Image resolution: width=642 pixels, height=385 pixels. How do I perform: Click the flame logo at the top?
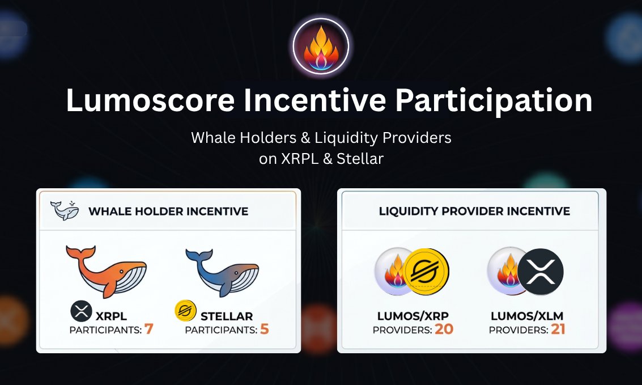point(321,46)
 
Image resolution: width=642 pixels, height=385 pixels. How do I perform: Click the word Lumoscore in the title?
point(150,100)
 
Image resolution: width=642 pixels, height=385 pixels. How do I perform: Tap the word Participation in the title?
point(494,101)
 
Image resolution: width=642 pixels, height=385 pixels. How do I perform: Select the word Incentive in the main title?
point(314,100)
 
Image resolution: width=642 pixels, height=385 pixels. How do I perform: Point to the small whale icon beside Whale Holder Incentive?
point(65,210)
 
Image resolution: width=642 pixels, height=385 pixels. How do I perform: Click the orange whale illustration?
point(105,270)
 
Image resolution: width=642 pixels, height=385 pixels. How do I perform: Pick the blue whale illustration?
point(222,272)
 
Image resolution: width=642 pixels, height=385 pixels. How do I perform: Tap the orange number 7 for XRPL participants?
point(148,329)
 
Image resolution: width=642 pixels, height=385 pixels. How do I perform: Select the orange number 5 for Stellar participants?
point(265,329)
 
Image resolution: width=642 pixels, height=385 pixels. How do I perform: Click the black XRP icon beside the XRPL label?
point(81,311)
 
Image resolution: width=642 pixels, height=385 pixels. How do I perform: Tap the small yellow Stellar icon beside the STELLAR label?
point(185,311)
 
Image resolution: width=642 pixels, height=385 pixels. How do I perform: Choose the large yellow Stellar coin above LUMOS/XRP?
point(426,272)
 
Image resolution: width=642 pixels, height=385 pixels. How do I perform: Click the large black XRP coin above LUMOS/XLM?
point(540,272)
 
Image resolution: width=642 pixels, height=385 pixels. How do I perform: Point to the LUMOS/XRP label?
point(413,316)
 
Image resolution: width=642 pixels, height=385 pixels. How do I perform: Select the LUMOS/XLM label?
point(527,316)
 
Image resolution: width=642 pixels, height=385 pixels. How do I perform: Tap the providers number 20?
point(444,329)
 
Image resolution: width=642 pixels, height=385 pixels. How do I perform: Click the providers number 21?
point(558,329)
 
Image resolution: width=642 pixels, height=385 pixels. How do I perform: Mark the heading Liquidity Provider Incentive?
point(474,211)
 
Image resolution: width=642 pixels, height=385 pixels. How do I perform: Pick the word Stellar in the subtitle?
point(360,159)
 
